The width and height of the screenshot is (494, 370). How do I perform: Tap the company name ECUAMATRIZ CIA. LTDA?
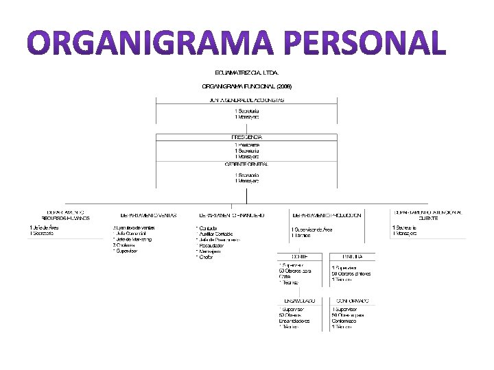click(246, 72)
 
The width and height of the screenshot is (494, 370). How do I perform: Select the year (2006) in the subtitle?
click(284, 86)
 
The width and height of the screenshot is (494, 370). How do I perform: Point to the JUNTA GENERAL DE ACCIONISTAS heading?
click(246, 100)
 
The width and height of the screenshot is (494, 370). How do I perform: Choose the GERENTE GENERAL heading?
click(246, 164)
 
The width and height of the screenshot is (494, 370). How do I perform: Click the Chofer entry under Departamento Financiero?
click(207, 257)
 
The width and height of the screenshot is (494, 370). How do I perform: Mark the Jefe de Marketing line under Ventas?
click(132, 239)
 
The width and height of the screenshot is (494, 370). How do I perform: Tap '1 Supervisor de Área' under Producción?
click(313, 229)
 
